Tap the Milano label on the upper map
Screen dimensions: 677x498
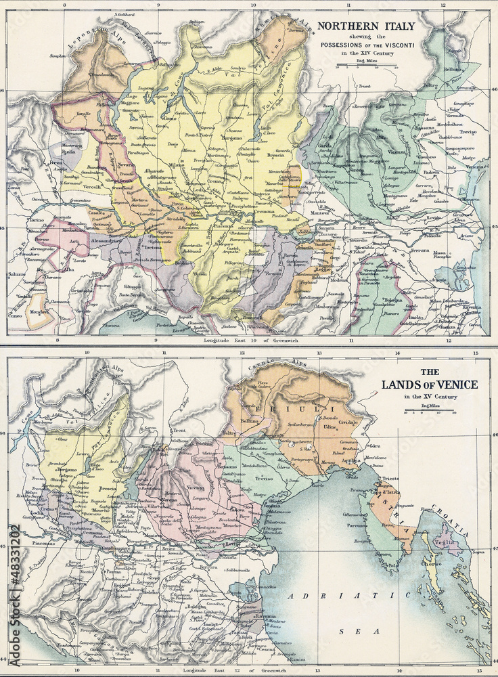[x=177, y=165]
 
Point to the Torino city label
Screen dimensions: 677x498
[x=37, y=221]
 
